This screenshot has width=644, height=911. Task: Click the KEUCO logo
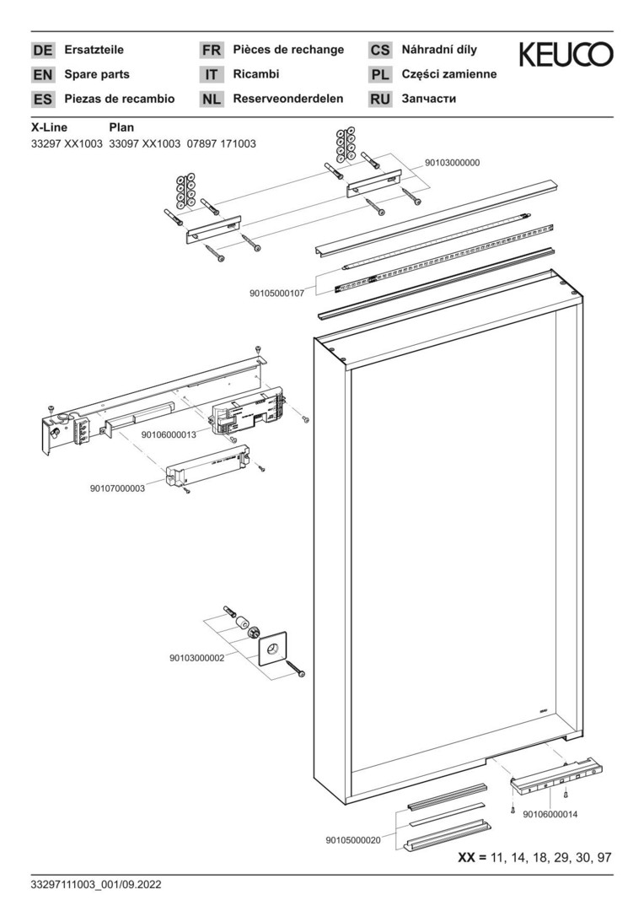[x=566, y=56]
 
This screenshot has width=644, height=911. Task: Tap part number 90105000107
[x=276, y=294]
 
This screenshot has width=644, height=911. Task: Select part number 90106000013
[x=169, y=434]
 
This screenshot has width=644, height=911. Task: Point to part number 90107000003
[x=117, y=488]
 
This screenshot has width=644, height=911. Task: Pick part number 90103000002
[x=196, y=658]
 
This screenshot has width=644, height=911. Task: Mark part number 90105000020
[x=353, y=840]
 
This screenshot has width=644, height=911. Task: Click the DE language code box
[x=42, y=50]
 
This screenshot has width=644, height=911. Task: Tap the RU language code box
[x=380, y=100]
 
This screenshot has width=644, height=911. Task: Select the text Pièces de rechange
[x=288, y=50]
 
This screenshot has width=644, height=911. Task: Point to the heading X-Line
[x=49, y=128]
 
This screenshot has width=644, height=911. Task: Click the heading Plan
[x=122, y=128]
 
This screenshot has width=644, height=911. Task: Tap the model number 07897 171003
[x=221, y=144]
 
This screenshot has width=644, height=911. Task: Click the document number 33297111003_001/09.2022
[x=95, y=885]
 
